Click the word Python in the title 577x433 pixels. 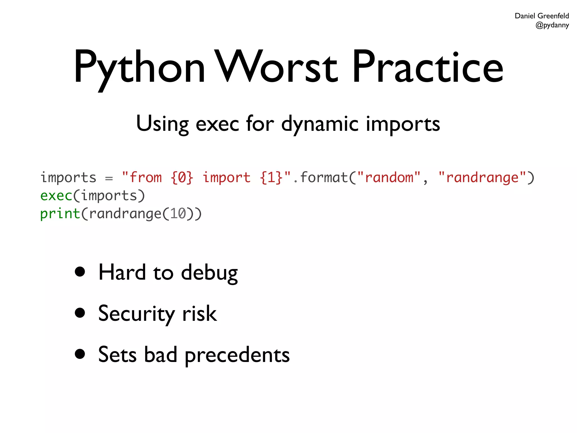pos(139,68)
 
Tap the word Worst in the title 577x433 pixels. pos(278,68)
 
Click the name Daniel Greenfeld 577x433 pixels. pos(542,16)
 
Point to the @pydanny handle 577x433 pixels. pos(552,25)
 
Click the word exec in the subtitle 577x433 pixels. pos(217,124)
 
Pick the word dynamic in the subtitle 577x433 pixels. pos(320,124)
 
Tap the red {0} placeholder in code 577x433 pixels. pos(182,178)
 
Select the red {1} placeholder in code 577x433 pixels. pos(271,178)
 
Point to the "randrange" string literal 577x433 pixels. pos(482,178)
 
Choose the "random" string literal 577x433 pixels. pos(389,178)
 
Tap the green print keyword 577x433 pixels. pos(60,214)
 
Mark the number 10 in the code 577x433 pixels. pos(178,214)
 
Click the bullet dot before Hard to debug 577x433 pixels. pos(80,272)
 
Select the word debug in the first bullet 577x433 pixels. pos(209,273)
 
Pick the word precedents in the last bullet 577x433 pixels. pos(237,355)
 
